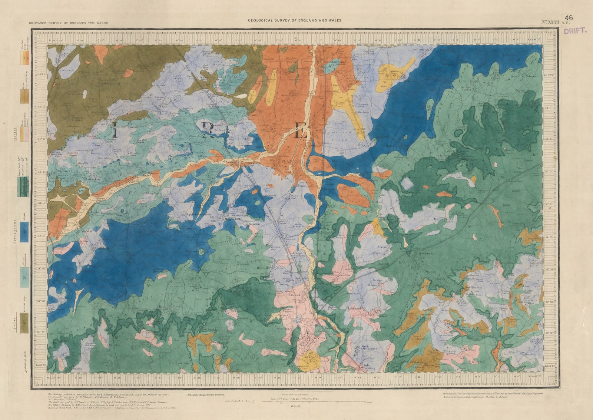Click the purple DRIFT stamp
(x=576, y=31)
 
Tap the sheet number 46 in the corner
(x=569, y=17)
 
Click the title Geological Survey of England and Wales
(x=295, y=21)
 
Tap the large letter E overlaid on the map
(x=301, y=132)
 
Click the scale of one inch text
(x=293, y=399)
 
